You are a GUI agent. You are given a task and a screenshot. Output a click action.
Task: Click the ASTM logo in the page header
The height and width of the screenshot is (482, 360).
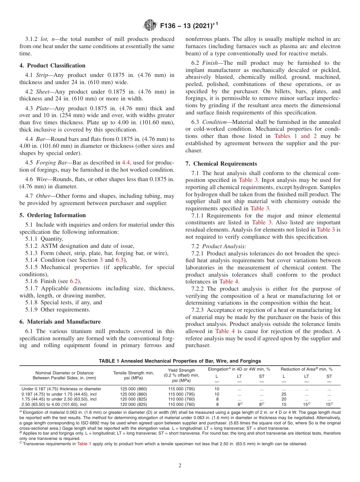click(150, 26)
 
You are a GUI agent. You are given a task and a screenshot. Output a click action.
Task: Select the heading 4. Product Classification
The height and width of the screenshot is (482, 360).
click(52, 66)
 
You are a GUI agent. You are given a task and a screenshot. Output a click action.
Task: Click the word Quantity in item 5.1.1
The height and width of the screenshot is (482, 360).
click(52, 239)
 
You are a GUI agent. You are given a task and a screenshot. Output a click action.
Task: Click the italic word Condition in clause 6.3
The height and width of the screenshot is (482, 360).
click(214, 122)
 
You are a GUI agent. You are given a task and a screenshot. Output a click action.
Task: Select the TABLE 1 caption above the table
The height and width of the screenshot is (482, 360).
click(180, 361)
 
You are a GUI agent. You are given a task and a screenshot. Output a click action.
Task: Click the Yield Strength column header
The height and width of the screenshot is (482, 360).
click(181, 370)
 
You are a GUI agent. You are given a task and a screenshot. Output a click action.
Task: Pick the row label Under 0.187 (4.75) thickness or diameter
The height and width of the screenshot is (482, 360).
click(61, 389)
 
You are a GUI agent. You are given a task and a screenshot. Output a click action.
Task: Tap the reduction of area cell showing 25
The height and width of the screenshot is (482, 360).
click(284, 394)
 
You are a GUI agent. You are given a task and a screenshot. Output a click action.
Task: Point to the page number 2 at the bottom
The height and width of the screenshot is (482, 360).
click(180, 466)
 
